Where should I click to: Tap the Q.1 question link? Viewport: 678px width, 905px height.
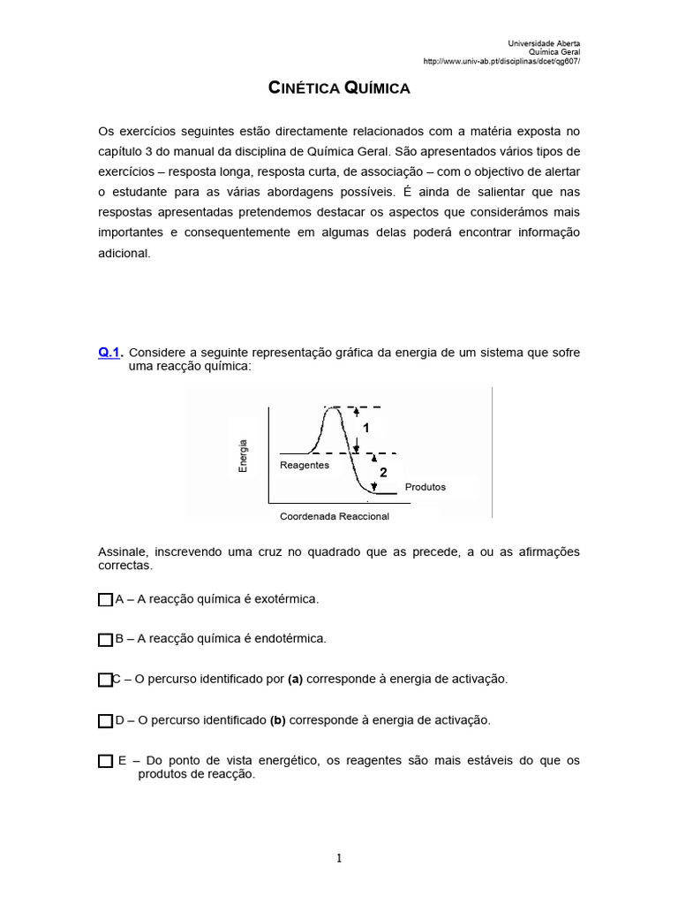(x=109, y=353)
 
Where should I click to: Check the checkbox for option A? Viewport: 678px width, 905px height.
(x=105, y=600)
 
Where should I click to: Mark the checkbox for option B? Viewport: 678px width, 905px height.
(x=105, y=639)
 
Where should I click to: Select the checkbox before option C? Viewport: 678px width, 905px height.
(x=105, y=680)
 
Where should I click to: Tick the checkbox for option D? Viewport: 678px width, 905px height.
(x=105, y=721)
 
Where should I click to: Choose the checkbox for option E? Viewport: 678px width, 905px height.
(x=105, y=761)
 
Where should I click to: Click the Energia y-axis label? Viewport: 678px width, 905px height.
(x=243, y=455)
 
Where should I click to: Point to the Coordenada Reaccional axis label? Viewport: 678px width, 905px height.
(x=334, y=516)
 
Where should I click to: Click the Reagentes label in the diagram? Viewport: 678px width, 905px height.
(x=304, y=465)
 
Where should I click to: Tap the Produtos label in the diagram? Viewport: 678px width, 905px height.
(x=425, y=487)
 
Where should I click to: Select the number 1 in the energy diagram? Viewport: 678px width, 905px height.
(x=365, y=427)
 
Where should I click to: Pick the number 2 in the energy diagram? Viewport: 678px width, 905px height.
(x=383, y=473)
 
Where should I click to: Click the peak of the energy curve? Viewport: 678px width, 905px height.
(x=334, y=407)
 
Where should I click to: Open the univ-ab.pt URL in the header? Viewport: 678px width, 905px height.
(x=501, y=61)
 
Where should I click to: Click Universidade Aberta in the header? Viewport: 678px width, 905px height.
(x=545, y=43)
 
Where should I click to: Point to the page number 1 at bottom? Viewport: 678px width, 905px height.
(x=339, y=857)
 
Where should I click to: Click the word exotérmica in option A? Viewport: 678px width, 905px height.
(x=285, y=599)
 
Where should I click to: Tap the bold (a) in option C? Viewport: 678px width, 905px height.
(x=295, y=679)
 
